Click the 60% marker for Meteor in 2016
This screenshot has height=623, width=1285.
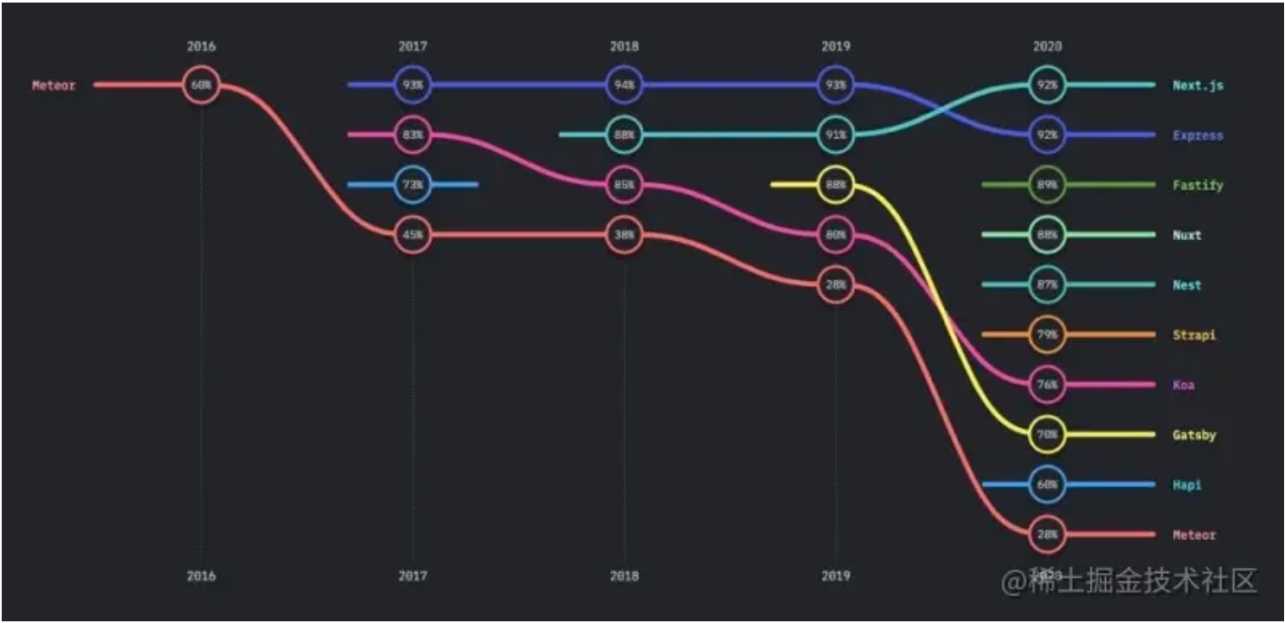pos(201,85)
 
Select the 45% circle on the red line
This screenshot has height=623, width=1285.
pos(413,235)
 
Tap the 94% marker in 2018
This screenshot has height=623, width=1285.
pos(624,85)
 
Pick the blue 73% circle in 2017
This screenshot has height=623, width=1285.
pos(413,185)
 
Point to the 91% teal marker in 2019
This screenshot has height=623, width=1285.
pos(835,135)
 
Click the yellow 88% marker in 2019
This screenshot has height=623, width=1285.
pos(835,185)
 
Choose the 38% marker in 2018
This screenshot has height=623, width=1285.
pos(624,235)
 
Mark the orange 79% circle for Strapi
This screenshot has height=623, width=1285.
pos(1047,335)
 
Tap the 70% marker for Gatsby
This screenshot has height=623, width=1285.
pos(1047,435)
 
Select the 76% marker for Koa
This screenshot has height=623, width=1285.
pos(1047,384)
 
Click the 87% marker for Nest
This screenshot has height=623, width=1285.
pos(1047,285)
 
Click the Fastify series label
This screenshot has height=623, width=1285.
pos(1198,185)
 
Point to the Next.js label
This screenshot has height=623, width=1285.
pos(1198,86)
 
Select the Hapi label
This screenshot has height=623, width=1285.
pos(1187,485)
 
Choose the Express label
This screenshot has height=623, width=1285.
pos(1198,136)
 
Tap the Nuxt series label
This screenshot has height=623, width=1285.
pos(1187,235)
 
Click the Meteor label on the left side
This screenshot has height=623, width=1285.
pos(53,86)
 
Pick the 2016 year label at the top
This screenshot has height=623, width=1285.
pos(201,47)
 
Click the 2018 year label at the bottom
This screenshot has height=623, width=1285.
pos(624,576)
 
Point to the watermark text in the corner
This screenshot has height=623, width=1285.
pos(1129,581)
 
